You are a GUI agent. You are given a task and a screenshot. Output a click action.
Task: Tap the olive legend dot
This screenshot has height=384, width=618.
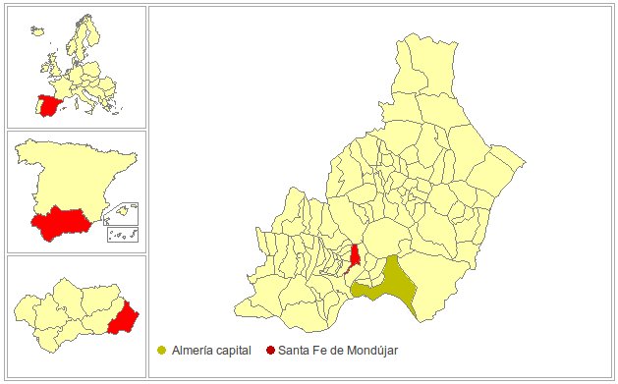[161, 350]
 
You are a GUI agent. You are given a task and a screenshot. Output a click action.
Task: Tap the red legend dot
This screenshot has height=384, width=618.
[270, 350]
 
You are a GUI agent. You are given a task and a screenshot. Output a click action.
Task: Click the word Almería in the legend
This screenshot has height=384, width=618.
[191, 350]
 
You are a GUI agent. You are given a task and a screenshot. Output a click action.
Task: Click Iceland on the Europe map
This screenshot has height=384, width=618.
[38, 29]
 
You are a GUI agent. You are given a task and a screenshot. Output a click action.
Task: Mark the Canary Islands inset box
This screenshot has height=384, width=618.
[122, 234]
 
